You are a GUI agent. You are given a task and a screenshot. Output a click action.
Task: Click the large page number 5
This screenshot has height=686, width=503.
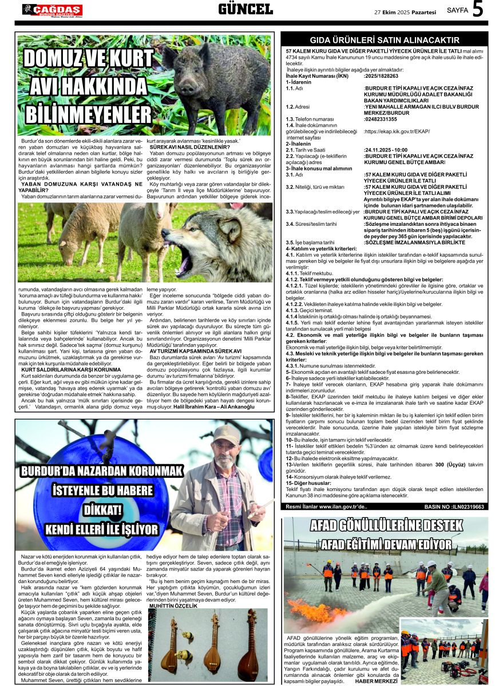coord(478,10)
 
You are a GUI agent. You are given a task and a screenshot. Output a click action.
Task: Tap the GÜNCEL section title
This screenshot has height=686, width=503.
coord(245,9)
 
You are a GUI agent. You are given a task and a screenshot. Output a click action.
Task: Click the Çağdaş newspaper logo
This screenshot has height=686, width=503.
coord(52,10)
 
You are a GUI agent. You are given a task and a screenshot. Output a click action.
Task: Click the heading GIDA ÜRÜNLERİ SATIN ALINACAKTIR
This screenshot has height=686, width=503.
coord(384,40)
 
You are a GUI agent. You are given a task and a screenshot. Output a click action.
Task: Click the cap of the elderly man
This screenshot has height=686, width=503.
coord(225,434)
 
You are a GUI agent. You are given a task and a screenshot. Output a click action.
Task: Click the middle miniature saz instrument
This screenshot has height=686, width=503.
coord(213,643)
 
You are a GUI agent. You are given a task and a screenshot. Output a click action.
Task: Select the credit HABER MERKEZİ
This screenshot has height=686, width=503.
coord(376,681)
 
